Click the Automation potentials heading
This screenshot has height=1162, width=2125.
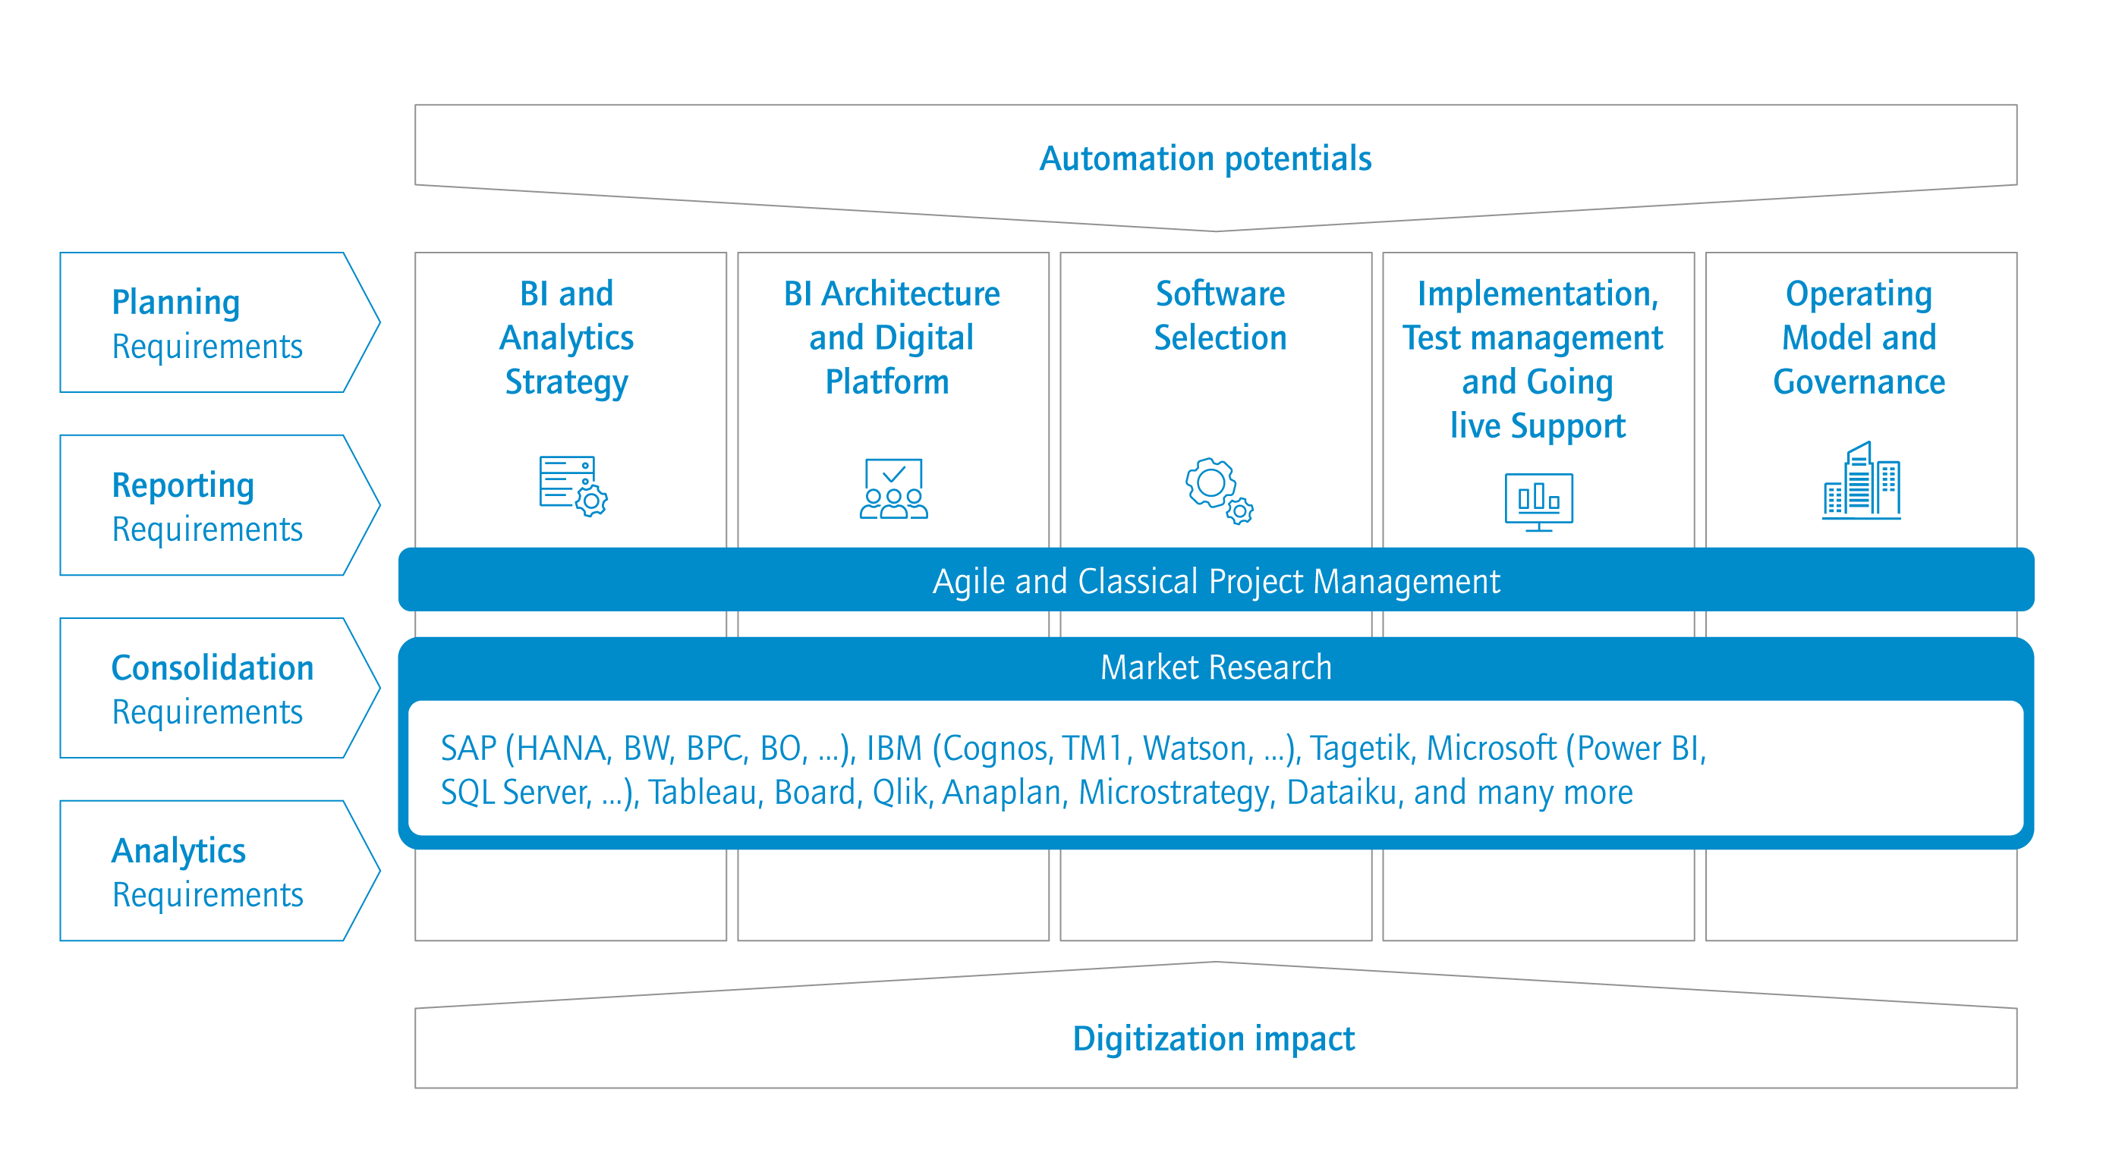pyautogui.click(x=1204, y=159)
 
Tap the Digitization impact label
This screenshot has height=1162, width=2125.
pyautogui.click(x=1213, y=1038)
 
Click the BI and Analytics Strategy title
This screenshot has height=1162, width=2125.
pyautogui.click(x=567, y=338)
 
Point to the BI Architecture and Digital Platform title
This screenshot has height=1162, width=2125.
pyautogui.click(x=891, y=338)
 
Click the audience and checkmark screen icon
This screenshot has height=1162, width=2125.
pyautogui.click(x=893, y=488)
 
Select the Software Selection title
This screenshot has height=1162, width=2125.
pyautogui.click(x=1220, y=315)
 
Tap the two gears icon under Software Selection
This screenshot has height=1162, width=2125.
pyautogui.click(x=1218, y=490)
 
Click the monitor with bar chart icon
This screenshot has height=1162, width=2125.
pyautogui.click(x=1538, y=501)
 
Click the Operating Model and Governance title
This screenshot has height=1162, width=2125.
pyautogui.click(x=1859, y=338)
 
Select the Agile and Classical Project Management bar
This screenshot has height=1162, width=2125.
pyautogui.click(x=1216, y=580)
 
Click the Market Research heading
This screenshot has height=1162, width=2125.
pyautogui.click(x=1216, y=667)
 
